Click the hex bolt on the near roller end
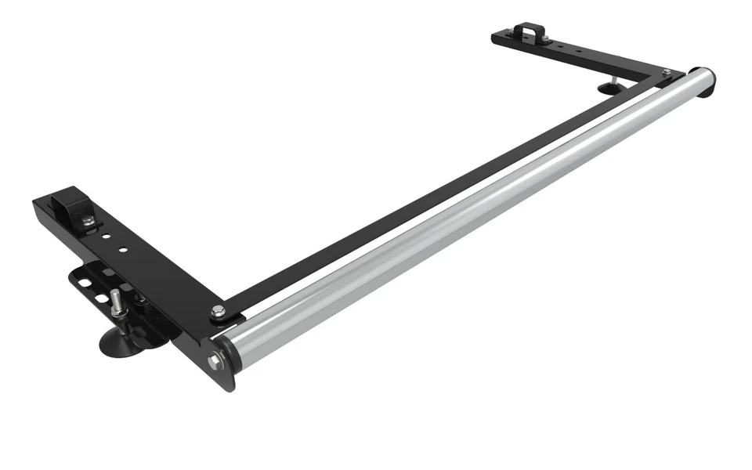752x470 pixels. coord(215,362)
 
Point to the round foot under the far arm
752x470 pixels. coord(607,88)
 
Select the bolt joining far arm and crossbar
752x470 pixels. coord(667,73)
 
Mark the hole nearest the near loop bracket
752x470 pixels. coord(104,233)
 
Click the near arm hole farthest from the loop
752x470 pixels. coord(123,250)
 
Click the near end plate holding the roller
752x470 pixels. coord(219,368)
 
